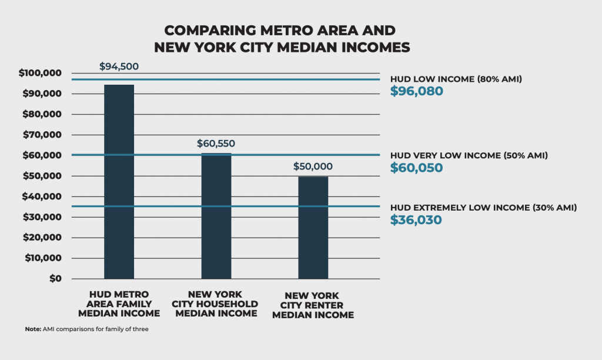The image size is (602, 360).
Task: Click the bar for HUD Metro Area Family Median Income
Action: point(119,182)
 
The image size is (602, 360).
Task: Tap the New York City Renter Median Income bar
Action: point(313,228)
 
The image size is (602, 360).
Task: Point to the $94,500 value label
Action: point(119,66)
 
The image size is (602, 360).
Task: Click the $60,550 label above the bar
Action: point(216,143)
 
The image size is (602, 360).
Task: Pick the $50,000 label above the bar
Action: point(313,166)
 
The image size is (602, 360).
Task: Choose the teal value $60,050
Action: point(417,168)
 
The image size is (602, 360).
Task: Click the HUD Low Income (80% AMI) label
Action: point(456,79)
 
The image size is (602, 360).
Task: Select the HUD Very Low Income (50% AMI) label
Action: point(469,155)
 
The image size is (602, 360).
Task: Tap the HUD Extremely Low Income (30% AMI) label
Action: point(483,208)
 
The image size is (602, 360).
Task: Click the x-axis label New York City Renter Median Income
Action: point(319,305)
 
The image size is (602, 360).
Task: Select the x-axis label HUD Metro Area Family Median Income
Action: point(119,304)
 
